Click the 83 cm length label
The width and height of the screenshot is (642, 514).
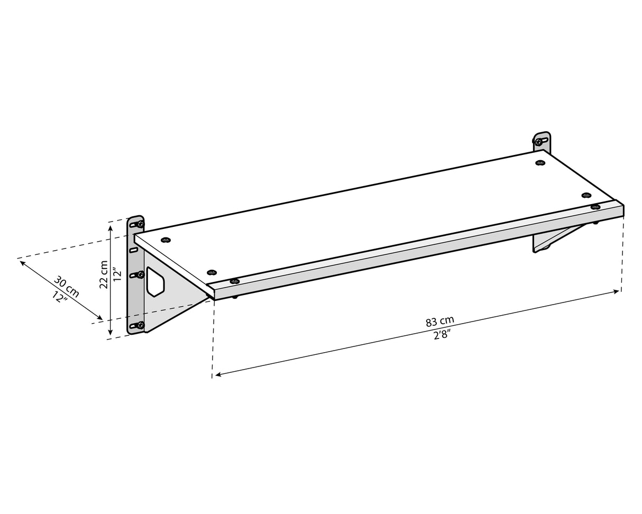439,321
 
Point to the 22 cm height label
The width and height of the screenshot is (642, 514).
104,274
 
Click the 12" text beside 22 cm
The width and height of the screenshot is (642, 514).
117,274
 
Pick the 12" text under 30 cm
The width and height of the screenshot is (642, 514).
60,297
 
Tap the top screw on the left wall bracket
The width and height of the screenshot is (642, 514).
140,224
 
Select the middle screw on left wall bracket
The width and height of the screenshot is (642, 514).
140,274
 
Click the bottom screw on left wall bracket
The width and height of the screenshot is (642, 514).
140,325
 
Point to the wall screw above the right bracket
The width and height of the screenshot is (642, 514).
539,142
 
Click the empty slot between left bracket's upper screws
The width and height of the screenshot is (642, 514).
134,249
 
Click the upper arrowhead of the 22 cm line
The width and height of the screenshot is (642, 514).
110,228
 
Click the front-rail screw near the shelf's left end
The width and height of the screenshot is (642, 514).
234,281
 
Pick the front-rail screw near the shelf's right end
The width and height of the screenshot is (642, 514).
595,207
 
